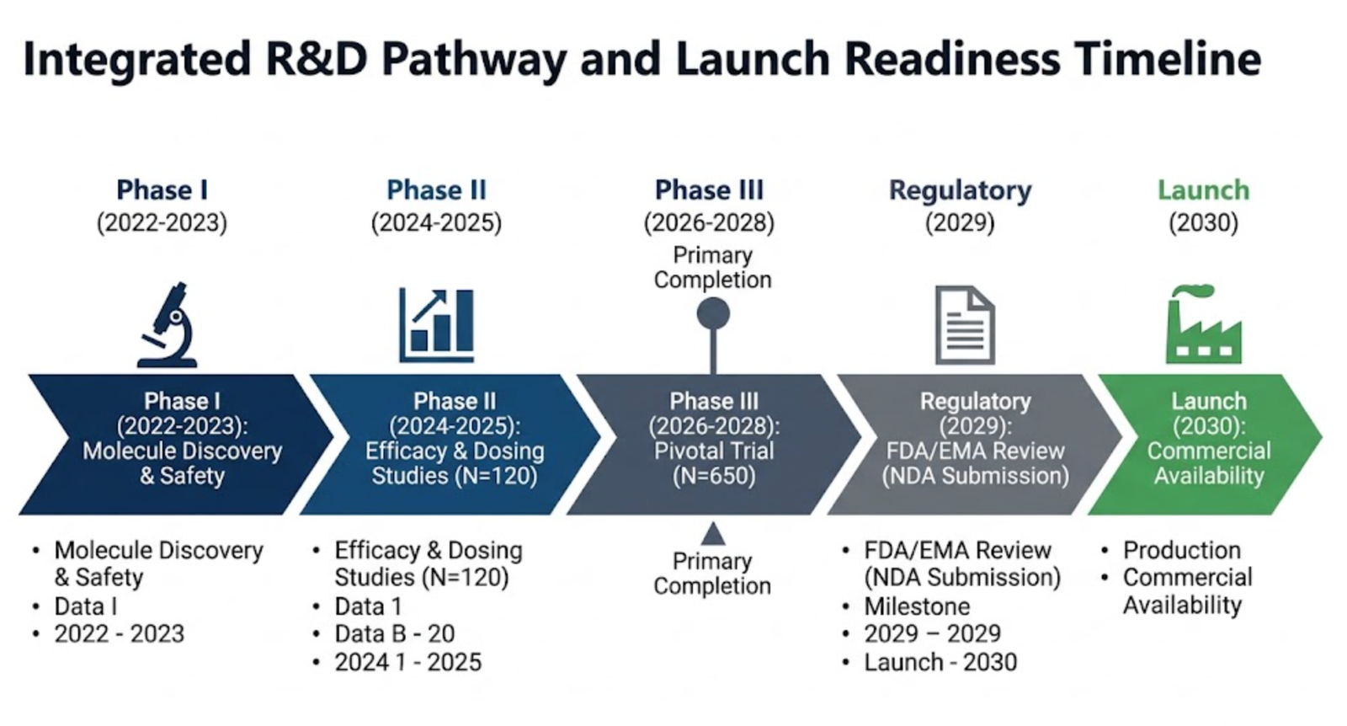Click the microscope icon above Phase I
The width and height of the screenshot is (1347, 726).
(x=168, y=325)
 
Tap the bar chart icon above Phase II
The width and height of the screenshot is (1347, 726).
(x=436, y=324)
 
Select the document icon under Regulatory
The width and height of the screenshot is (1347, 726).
(x=965, y=325)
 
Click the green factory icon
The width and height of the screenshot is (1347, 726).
(x=1202, y=325)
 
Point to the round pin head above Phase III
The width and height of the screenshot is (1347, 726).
(x=713, y=314)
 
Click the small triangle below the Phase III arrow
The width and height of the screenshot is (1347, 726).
(x=713, y=534)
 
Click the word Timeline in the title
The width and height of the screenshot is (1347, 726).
(x=1167, y=59)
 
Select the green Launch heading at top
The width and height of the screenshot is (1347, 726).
(x=1202, y=190)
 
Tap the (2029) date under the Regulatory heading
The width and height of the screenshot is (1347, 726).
(x=960, y=223)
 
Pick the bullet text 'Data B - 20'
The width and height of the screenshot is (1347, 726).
(x=394, y=633)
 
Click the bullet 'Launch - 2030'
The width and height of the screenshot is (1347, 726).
(x=940, y=662)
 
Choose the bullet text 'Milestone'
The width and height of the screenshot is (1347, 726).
(x=916, y=606)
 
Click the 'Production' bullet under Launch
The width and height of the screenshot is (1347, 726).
(x=1181, y=551)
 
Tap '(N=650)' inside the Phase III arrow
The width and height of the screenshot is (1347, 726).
(x=713, y=476)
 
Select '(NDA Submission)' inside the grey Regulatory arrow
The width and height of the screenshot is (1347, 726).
(x=975, y=476)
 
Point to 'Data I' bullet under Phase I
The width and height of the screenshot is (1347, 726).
(x=85, y=606)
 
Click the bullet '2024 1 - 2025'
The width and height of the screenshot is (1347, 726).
(x=407, y=662)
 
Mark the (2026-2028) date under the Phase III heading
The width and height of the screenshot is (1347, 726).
(x=709, y=223)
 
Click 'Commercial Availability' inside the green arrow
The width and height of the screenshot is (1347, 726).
(x=1208, y=463)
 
